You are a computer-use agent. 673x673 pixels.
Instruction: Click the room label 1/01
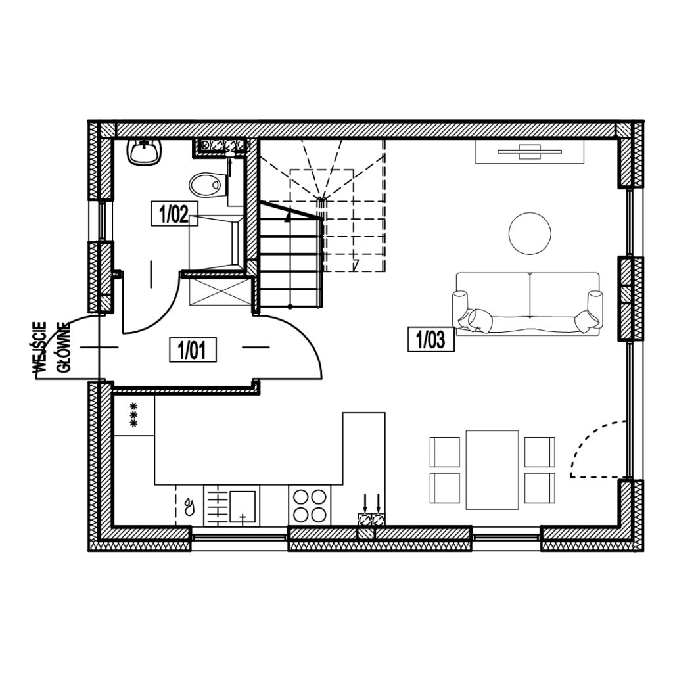point(193,350)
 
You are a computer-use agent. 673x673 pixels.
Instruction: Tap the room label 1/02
point(174,214)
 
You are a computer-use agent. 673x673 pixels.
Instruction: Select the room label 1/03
point(431,340)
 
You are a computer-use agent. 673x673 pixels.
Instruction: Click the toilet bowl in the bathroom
point(208,185)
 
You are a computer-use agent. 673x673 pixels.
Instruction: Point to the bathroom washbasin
point(145,152)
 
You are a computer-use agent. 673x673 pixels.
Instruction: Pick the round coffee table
point(530,233)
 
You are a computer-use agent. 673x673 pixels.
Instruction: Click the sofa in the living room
point(528,304)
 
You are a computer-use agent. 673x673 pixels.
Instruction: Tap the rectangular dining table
point(492,470)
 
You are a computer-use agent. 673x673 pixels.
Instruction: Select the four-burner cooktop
point(310,505)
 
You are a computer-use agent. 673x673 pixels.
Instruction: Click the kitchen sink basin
point(243,507)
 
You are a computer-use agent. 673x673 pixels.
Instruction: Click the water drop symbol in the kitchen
point(189,507)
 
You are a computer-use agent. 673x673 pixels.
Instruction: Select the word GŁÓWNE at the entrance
point(64,347)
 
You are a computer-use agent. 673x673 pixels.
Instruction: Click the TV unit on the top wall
point(530,151)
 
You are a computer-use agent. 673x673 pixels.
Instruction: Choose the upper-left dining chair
point(445,452)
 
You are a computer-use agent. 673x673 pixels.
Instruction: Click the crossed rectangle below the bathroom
point(220,292)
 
